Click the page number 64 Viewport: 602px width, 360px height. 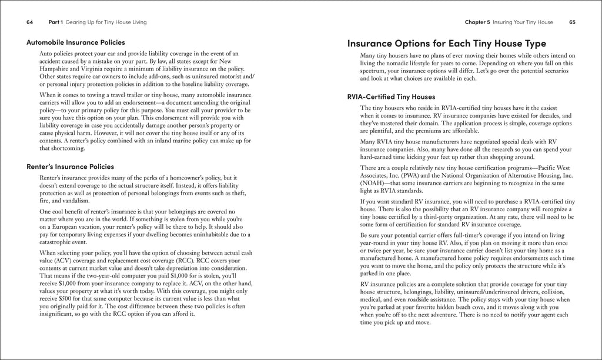[30, 22]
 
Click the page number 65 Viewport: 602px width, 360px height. [572, 22]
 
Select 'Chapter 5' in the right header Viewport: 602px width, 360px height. [477, 22]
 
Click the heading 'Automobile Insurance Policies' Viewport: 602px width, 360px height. [76, 42]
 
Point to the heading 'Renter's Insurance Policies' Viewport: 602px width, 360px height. [71, 166]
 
